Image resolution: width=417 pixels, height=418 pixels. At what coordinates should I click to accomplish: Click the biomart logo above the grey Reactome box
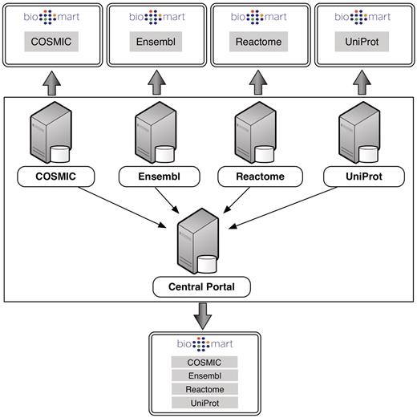point(259,16)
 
